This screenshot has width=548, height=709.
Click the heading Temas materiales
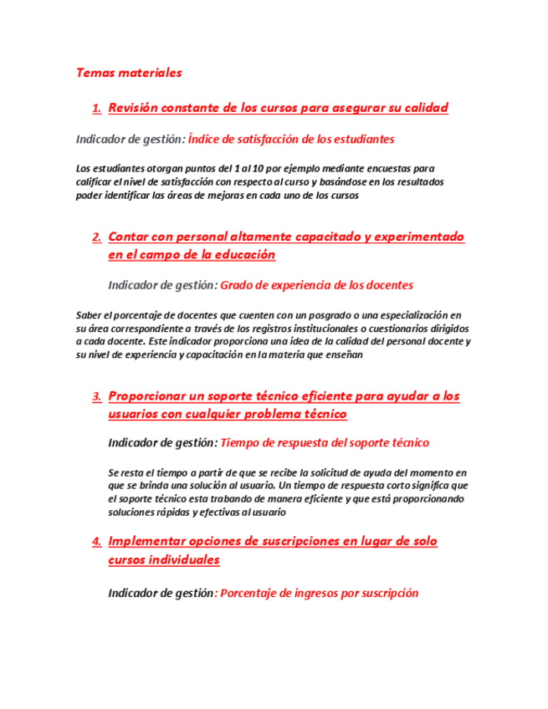tap(129, 73)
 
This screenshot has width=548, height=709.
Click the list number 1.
tap(97, 109)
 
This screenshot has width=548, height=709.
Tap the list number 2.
tap(97, 237)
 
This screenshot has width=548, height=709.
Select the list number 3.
tap(97, 396)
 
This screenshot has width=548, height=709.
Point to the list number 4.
tap(97, 543)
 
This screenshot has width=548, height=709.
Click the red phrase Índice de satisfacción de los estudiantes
tap(291, 139)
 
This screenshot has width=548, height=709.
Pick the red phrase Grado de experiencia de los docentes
tap(316, 285)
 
